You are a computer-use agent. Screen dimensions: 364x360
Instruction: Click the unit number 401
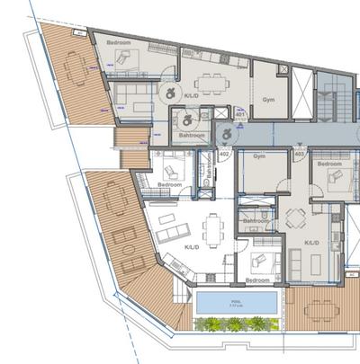coord(240,114)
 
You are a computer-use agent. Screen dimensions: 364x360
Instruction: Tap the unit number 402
coord(224,155)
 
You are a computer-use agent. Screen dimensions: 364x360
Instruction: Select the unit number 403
coord(299,155)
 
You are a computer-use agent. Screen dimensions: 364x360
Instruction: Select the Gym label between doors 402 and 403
coord(259,156)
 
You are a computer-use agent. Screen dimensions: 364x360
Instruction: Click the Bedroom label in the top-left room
coord(119,43)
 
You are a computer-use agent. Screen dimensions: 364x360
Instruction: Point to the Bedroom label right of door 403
coord(329,164)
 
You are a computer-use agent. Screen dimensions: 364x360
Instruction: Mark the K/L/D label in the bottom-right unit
coord(312,243)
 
